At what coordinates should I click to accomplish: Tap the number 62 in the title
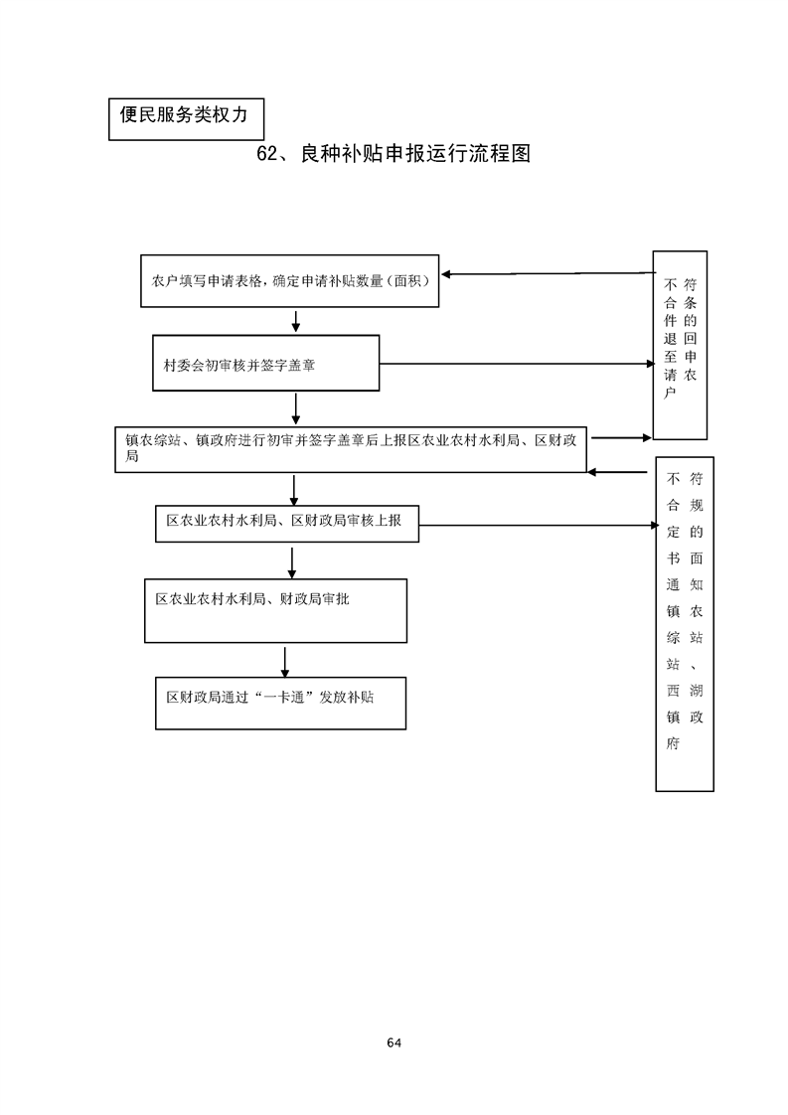(x=268, y=155)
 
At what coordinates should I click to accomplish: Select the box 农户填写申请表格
(x=289, y=281)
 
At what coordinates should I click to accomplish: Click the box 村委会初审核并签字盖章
(x=266, y=365)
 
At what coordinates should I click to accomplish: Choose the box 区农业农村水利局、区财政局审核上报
(x=287, y=522)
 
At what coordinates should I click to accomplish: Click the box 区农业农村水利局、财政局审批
(x=276, y=610)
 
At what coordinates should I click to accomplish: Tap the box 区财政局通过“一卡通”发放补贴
(x=280, y=703)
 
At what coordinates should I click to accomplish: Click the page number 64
(x=394, y=1042)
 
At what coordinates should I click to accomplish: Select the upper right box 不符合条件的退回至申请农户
(x=680, y=344)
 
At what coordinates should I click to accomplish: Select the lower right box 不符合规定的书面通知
(x=684, y=623)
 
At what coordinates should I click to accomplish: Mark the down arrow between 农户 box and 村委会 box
(x=296, y=320)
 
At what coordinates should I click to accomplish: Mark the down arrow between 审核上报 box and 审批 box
(x=292, y=560)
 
